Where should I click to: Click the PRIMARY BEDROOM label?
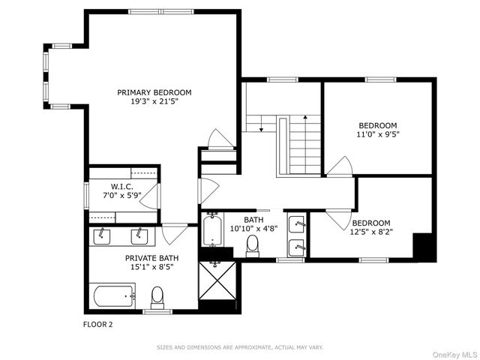[154, 92]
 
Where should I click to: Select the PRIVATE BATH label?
[148, 256]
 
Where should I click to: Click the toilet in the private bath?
[157, 298]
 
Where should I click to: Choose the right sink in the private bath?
[139, 236]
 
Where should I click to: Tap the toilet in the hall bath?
[253, 244]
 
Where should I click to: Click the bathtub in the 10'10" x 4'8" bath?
[212, 231]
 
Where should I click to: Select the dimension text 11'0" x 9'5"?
[378, 136]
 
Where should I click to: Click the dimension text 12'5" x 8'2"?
[371, 233]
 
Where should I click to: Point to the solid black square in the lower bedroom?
[424, 247]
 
